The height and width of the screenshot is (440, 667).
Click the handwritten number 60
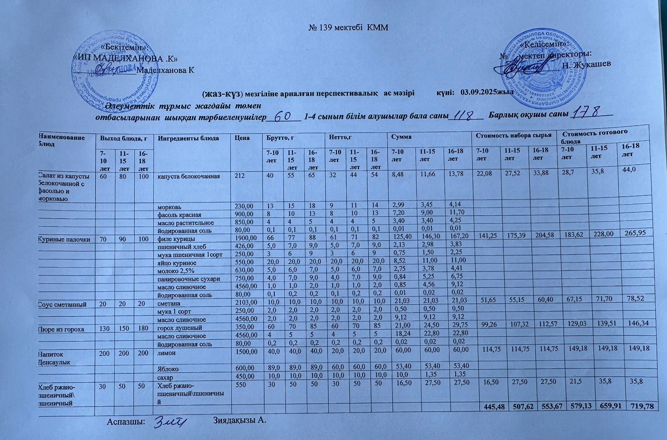click(283, 116)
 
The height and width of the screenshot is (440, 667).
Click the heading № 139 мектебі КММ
click(348, 28)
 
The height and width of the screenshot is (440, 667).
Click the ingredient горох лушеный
click(179, 328)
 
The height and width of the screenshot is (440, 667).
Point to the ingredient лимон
click(165, 353)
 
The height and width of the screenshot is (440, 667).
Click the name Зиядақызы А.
click(239, 420)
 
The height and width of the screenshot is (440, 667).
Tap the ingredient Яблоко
click(168, 369)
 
